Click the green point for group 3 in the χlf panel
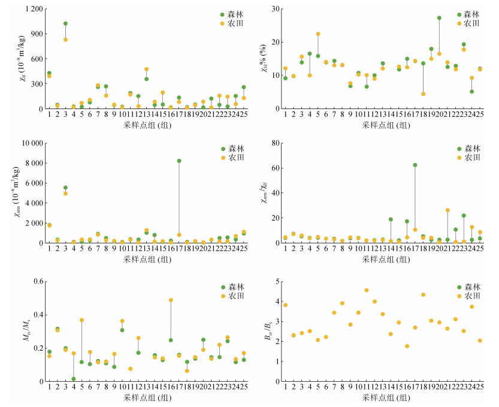pyautogui.click(x=65, y=23)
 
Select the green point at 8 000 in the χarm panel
pyautogui.click(x=179, y=161)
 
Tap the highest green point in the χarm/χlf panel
pyautogui.click(x=415, y=165)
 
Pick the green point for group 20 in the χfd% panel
pyautogui.click(x=439, y=18)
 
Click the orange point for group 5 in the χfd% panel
pyautogui.click(x=318, y=34)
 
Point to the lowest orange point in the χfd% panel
pyautogui.click(x=423, y=94)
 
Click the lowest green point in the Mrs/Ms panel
pyautogui.click(x=74, y=379)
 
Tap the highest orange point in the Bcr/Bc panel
pyautogui.click(x=366, y=290)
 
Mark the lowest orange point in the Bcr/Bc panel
pyautogui.click(x=407, y=346)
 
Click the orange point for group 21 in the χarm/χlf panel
pyautogui.click(x=447, y=210)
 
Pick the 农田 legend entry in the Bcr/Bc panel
pyautogui.click(x=471, y=296)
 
